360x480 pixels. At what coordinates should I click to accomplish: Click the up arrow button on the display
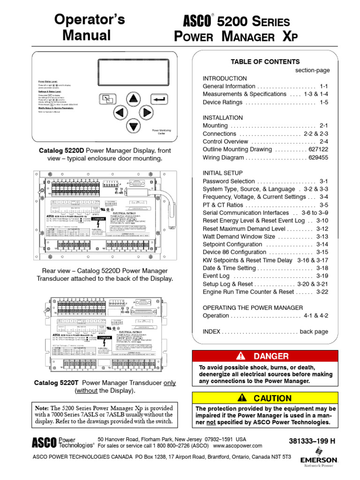(134, 98)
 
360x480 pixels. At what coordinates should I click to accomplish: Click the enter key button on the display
(159, 98)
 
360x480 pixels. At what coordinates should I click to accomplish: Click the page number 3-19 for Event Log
(322, 276)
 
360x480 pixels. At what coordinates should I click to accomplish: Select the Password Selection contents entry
(229, 181)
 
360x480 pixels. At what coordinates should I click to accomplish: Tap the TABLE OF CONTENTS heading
(265, 61)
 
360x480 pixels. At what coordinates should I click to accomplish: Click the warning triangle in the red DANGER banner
(242, 356)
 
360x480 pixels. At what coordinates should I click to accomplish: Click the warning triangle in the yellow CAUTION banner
(242, 398)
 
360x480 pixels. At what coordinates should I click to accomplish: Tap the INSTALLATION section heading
(223, 118)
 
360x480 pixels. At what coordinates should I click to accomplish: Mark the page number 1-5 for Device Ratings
(324, 102)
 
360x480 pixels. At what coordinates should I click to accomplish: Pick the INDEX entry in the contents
(211, 331)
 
